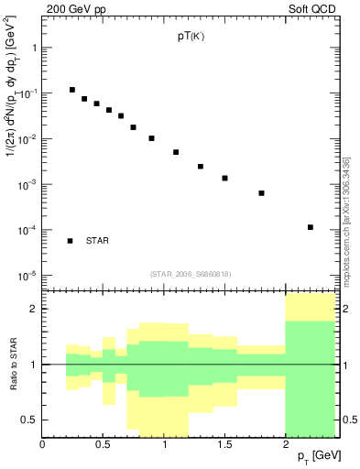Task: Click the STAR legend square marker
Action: pos(70,241)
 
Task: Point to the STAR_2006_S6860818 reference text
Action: pos(190,274)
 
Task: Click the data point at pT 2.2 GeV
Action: pos(311,227)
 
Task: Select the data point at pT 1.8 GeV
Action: pos(262,193)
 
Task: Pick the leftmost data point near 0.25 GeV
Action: pos(72,90)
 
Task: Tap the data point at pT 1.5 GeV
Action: pos(225,178)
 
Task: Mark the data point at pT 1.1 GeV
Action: pos(176,152)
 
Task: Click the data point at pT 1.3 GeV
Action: pos(201,167)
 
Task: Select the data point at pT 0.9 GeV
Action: pos(152,138)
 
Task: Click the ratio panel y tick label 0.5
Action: pos(29,420)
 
